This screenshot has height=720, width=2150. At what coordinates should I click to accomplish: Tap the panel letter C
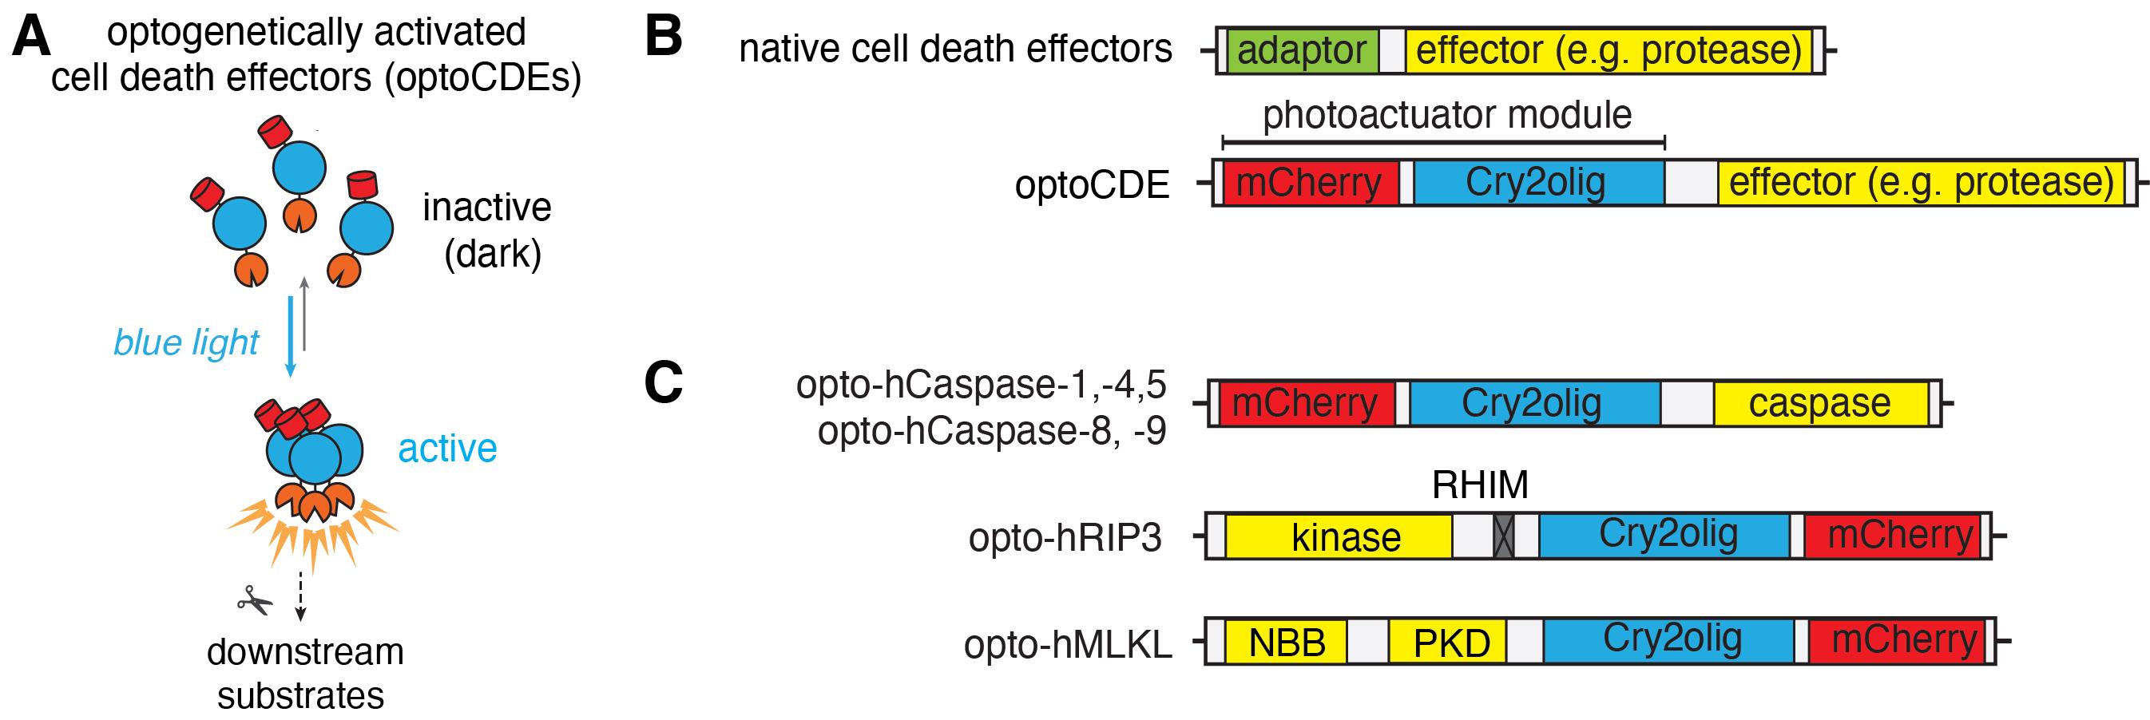664,383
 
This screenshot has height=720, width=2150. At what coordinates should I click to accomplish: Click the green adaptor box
1302,51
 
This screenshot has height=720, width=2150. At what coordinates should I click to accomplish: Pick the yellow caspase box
1821,404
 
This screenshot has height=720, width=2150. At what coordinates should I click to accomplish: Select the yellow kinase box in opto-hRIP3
1339,536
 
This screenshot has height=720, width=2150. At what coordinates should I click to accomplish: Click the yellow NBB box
1285,642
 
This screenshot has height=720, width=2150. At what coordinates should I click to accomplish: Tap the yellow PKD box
1447,642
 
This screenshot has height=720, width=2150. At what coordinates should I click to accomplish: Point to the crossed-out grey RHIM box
1503,536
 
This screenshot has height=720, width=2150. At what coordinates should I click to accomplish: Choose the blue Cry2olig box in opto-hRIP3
1664,536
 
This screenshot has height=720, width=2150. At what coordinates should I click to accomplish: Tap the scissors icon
255,599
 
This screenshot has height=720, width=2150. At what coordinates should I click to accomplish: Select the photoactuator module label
1446,115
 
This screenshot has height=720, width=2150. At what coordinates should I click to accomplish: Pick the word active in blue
447,448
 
